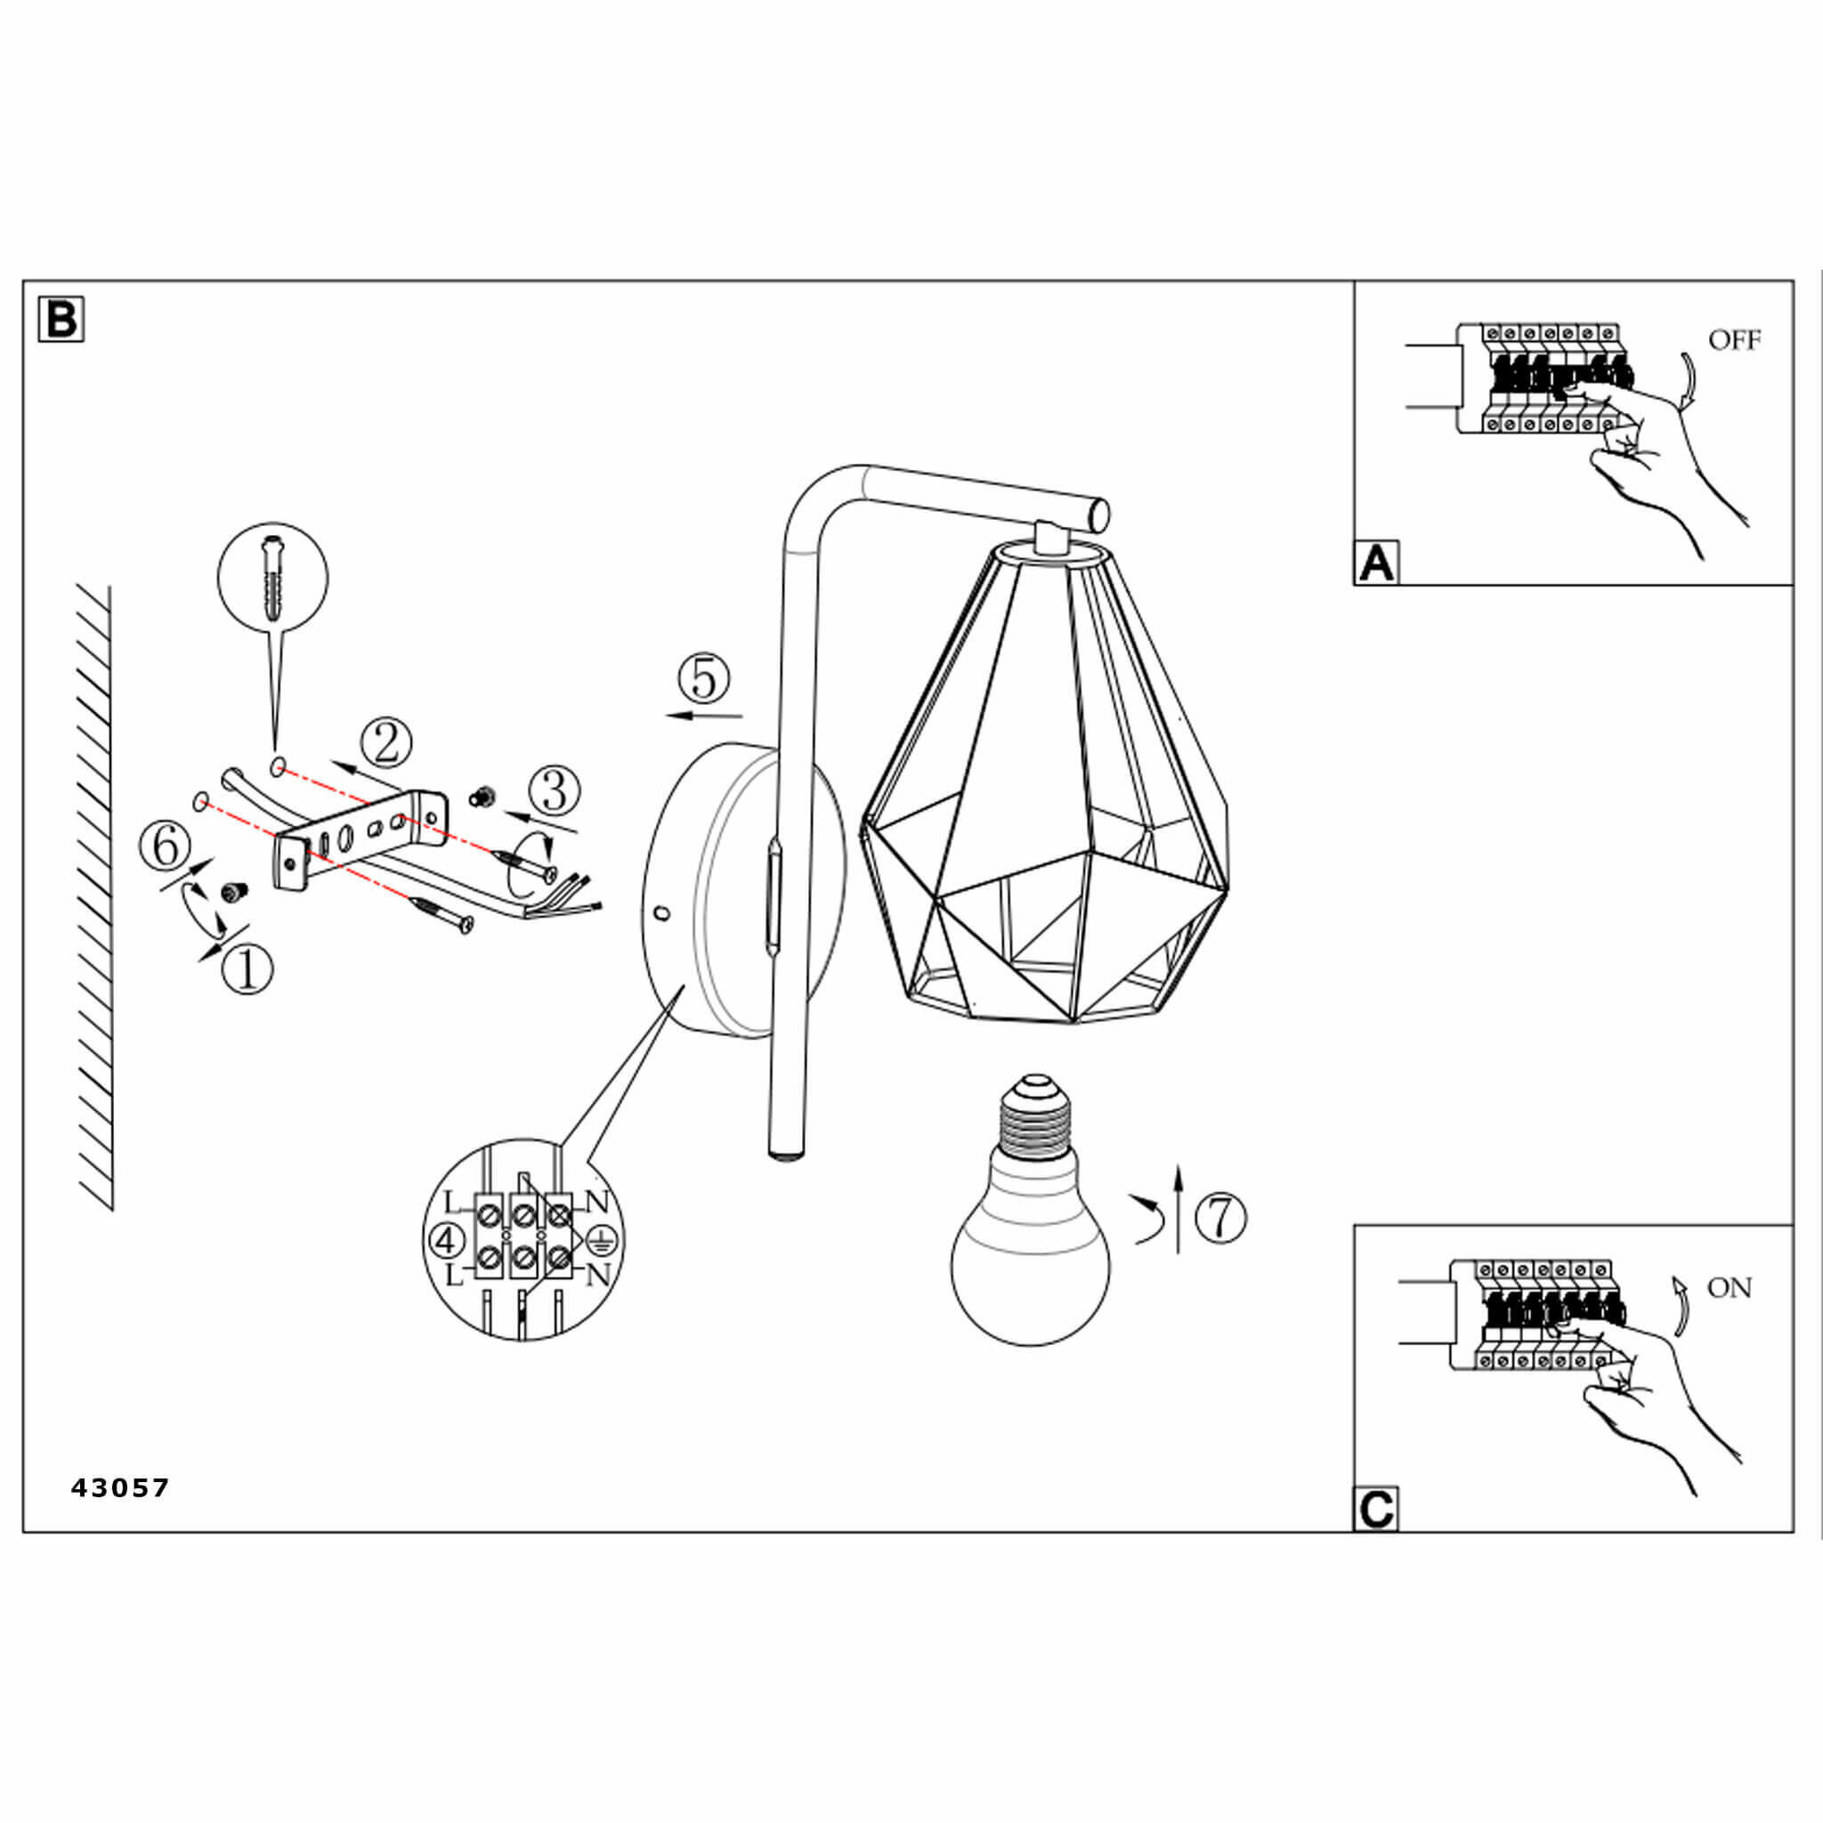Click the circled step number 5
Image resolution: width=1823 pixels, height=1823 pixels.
[704, 679]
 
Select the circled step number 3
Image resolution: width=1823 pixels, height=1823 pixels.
[555, 790]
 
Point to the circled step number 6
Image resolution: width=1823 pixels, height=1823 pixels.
[166, 846]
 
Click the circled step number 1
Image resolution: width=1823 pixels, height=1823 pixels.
[247, 968]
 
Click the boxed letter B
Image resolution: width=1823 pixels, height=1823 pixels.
[61, 319]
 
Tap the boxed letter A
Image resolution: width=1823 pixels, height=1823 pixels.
[1377, 563]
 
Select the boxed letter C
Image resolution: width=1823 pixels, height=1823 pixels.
[1377, 1509]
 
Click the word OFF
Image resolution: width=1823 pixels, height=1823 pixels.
[1734, 340]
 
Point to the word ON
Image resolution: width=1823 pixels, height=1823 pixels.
[1730, 1288]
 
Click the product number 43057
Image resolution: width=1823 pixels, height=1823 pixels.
[120, 1488]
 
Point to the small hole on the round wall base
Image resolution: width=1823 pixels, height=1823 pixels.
[662, 912]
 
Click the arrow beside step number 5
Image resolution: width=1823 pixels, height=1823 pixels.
[704, 717]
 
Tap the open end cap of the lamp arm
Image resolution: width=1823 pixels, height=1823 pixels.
[1097, 514]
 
